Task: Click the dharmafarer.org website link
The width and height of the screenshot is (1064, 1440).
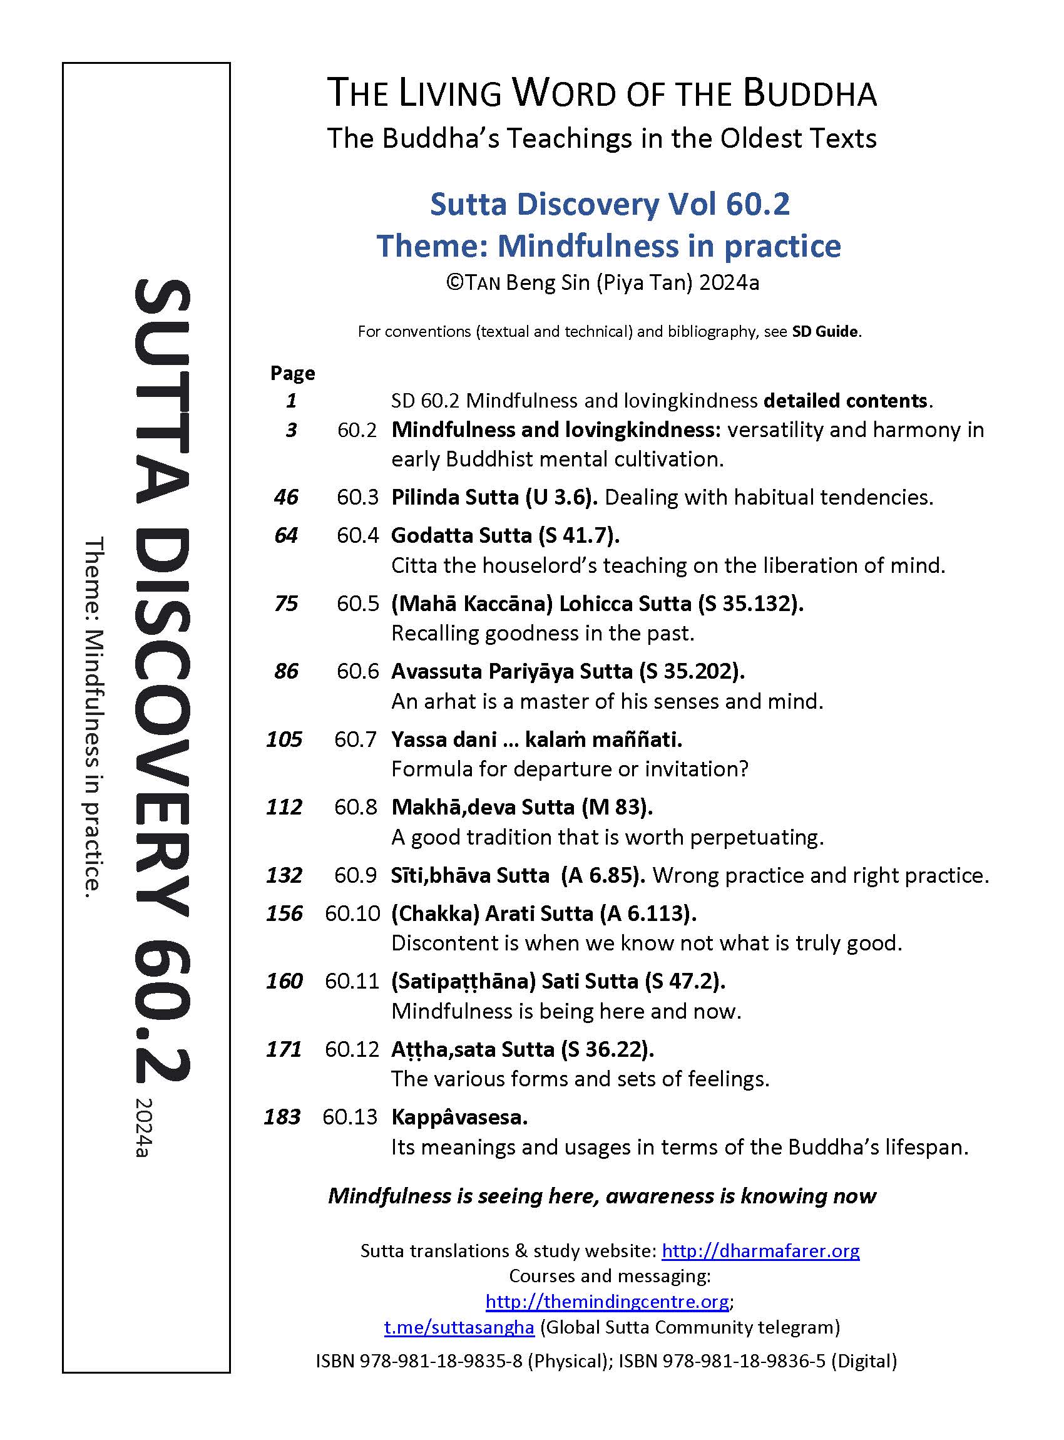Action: click(760, 1250)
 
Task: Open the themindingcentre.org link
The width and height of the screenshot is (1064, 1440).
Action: click(606, 1302)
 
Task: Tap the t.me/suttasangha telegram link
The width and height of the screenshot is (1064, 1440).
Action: click(459, 1327)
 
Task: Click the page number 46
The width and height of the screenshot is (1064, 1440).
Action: click(286, 497)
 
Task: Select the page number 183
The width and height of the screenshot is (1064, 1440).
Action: click(282, 1116)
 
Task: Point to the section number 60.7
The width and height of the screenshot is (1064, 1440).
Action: click(355, 739)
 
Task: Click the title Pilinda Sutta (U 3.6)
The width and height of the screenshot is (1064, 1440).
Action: click(494, 497)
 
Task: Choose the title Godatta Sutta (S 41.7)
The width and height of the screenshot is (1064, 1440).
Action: click(505, 535)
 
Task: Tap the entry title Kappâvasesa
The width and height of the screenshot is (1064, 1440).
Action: click(459, 1116)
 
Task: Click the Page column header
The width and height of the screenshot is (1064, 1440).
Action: click(292, 373)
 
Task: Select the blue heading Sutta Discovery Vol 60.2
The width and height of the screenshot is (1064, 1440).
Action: click(609, 204)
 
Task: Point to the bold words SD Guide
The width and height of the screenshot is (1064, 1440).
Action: click(825, 331)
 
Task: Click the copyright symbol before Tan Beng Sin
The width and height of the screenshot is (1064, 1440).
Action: click(453, 283)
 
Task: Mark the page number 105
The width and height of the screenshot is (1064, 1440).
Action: click(284, 739)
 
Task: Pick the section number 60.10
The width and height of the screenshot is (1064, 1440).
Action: click(352, 913)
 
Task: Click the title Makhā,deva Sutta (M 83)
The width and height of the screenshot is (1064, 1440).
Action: click(522, 806)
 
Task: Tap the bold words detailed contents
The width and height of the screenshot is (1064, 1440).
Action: click(845, 401)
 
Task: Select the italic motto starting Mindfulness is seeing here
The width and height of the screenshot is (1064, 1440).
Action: click(601, 1196)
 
